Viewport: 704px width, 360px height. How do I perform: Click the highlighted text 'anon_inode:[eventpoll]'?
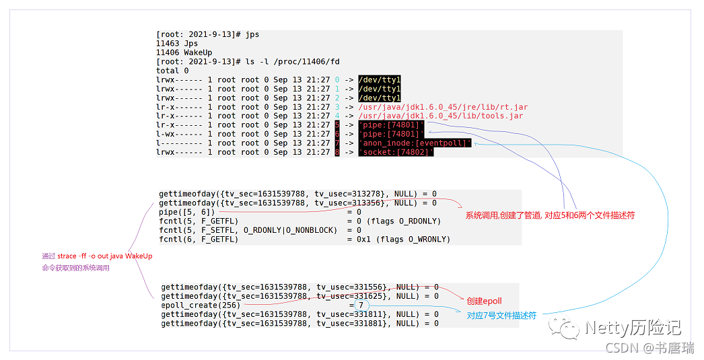(x=415, y=143)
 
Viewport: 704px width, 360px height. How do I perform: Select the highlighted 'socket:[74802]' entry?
(x=396, y=152)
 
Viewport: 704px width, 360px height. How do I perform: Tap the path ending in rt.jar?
(x=443, y=107)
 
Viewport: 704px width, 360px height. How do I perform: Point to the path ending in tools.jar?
(x=441, y=116)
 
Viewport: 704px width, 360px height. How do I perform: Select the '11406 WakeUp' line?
(x=184, y=52)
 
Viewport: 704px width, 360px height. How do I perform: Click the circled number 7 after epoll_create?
(x=361, y=305)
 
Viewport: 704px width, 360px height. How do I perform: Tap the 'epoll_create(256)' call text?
(x=201, y=305)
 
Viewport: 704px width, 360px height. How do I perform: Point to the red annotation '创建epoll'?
(x=484, y=301)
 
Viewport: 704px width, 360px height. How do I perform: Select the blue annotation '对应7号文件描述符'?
(x=501, y=316)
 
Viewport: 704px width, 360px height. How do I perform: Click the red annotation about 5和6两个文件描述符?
(x=550, y=215)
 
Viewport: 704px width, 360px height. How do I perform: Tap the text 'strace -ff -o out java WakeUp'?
(x=104, y=256)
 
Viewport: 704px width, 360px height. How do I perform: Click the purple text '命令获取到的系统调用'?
(x=76, y=268)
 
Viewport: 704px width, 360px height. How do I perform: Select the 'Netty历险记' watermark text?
(x=633, y=327)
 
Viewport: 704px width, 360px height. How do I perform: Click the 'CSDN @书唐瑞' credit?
(x=649, y=348)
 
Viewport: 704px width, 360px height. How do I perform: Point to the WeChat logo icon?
(x=564, y=328)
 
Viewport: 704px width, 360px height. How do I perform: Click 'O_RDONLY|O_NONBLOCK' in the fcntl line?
(x=290, y=230)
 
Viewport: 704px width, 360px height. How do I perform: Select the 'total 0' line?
(x=172, y=71)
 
